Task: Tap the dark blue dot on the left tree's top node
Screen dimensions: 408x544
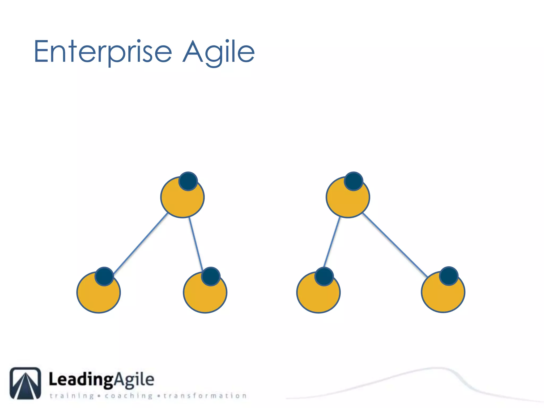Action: click(x=188, y=181)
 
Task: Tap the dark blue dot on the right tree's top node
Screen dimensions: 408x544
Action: click(x=354, y=181)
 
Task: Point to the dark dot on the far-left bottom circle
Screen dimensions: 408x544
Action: click(x=104, y=277)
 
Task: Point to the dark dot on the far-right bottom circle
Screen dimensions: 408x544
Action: click(x=449, y=276)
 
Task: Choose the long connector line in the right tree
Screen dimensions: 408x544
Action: click(x=395, y=245)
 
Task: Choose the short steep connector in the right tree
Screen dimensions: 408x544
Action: click(x=332, y=242)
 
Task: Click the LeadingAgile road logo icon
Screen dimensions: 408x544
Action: click(x=25, y=383)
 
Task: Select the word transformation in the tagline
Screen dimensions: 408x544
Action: click(x=205, y=396)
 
